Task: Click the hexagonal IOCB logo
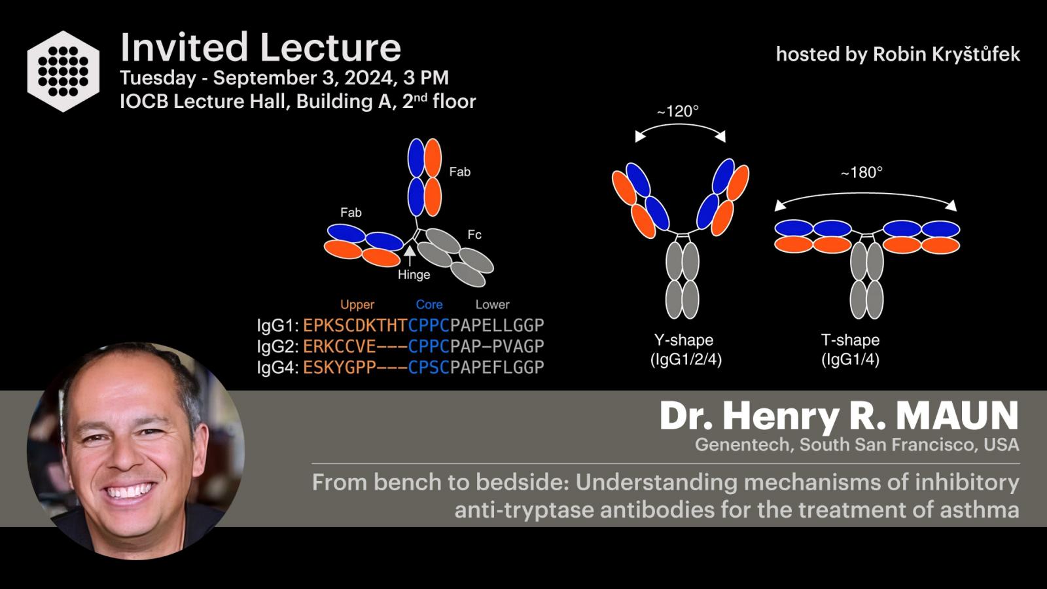[x=63, y=71]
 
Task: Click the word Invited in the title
[x=184, y=47]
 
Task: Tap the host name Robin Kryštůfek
[x=946, y=55]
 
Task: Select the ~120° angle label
[x=678, y=111]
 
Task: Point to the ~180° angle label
[x=861, y=173]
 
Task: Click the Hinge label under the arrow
[x=414, y=274]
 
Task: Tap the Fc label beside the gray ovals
[x=474, y=235]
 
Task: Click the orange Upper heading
[x=357, y=305]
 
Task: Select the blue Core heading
[x=429, y=305]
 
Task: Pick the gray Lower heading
[x=492, y=305]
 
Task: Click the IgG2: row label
[x=277, y=347]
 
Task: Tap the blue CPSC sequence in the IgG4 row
[x=429, y=368]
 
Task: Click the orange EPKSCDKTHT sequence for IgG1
[x=355, y=325]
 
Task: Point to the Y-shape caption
[x=683, y=340]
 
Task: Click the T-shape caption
[x=850, y=340]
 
